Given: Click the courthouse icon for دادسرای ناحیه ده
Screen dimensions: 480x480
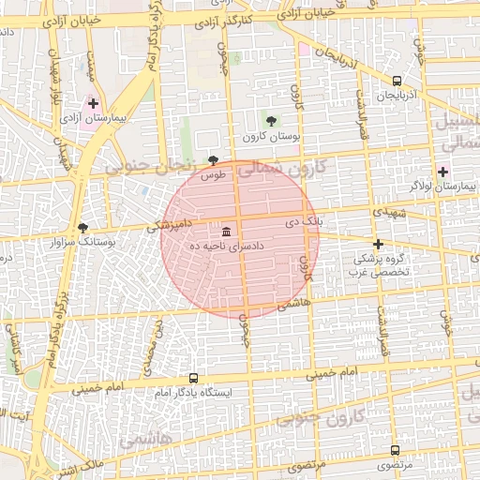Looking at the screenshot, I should click(x=227, y=231).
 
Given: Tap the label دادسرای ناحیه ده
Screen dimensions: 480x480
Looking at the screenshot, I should click(x=227, y=245).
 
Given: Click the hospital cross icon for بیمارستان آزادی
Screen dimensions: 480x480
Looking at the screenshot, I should click(x=94, y=103).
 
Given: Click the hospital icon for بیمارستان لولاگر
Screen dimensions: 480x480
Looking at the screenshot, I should click(x=442, y=172).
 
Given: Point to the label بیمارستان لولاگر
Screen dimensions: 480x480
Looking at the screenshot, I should click(x=443, y=187).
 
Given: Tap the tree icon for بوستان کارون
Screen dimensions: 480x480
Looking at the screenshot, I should click(x=271, y=121).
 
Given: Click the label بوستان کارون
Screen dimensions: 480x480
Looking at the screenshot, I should click(x=271, y=136).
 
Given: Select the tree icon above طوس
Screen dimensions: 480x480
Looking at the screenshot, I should click(x=214, y=160).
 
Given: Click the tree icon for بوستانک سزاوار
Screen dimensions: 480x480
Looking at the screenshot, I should click(x=83, y=228).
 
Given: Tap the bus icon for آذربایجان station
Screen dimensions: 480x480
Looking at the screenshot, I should click(x=397, y=82).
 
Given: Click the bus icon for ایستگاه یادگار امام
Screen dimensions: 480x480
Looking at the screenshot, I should click(x=193, y=378).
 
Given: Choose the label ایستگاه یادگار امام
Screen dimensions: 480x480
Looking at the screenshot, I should click(x=194, y=392).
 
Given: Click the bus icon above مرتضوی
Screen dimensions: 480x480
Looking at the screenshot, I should click(x=395, y=451).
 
